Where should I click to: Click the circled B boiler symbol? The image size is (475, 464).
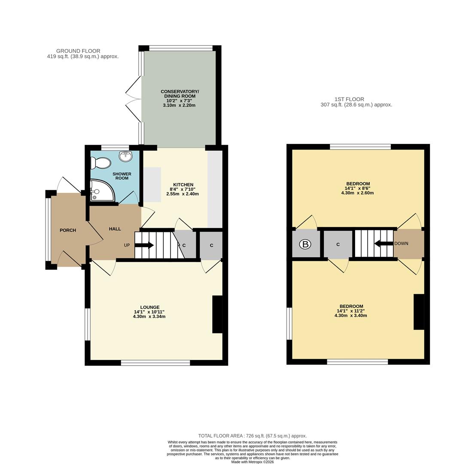(x=305, y=244)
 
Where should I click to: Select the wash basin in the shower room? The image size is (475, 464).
(x=125, y=156)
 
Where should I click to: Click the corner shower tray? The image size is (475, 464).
(x=101, y=191)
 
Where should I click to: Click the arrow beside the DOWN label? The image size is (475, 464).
(x=384, y=244)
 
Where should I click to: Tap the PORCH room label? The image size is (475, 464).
(x=68, y=230)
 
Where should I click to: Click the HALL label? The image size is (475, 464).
(x=115, y=229)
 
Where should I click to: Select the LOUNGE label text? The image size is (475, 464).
(x=149, y=307)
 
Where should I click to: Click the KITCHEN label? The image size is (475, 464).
(x=183, y=185)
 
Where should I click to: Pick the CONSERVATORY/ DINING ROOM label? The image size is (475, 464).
(x=180, y=94)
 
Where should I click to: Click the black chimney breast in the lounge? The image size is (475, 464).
(x=217, y=314)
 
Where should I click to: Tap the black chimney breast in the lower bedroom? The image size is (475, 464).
(x=419, y=311)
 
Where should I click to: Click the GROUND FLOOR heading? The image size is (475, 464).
(x=78, y=51)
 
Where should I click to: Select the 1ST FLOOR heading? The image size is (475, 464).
(x=349, y=99)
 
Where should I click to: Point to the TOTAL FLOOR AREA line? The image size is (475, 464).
(x=252, y=436)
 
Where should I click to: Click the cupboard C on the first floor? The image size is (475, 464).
(x=338, y=244)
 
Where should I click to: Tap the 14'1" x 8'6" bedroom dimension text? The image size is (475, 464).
(x=357, y=188)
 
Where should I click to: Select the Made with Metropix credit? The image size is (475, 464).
(x=252, y=462)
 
